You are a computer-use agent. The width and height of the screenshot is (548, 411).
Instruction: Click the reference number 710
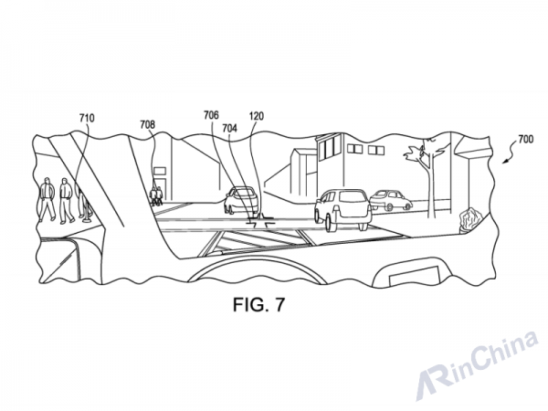coord(87,118)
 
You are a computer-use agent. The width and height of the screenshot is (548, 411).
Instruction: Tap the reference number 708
coord(147,124)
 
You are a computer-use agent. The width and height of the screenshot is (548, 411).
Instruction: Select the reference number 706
coord(212,115)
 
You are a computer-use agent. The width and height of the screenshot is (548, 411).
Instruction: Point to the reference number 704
coord(229,129)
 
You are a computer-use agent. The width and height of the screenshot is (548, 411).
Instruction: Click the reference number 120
coord(257,116)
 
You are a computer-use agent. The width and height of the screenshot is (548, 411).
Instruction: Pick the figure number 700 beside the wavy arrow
coord(526,140)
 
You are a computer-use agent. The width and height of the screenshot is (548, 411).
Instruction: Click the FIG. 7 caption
coord(259,305)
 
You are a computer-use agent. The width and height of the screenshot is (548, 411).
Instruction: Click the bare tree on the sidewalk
coord(428,174)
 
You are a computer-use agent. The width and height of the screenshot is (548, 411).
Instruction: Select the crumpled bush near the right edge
coord(469,220)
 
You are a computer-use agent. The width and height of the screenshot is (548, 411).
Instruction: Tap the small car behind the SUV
coord(391,200)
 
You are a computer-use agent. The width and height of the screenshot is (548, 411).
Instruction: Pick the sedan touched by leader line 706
coord(241,200)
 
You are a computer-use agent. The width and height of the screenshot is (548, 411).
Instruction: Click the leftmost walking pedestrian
coord(47,199)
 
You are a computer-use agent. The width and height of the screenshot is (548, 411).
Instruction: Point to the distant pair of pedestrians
coord(156,195)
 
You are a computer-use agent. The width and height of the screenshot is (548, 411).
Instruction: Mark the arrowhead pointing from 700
coord(504,162)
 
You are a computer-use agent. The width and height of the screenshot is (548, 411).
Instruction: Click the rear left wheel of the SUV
coord(330,222)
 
